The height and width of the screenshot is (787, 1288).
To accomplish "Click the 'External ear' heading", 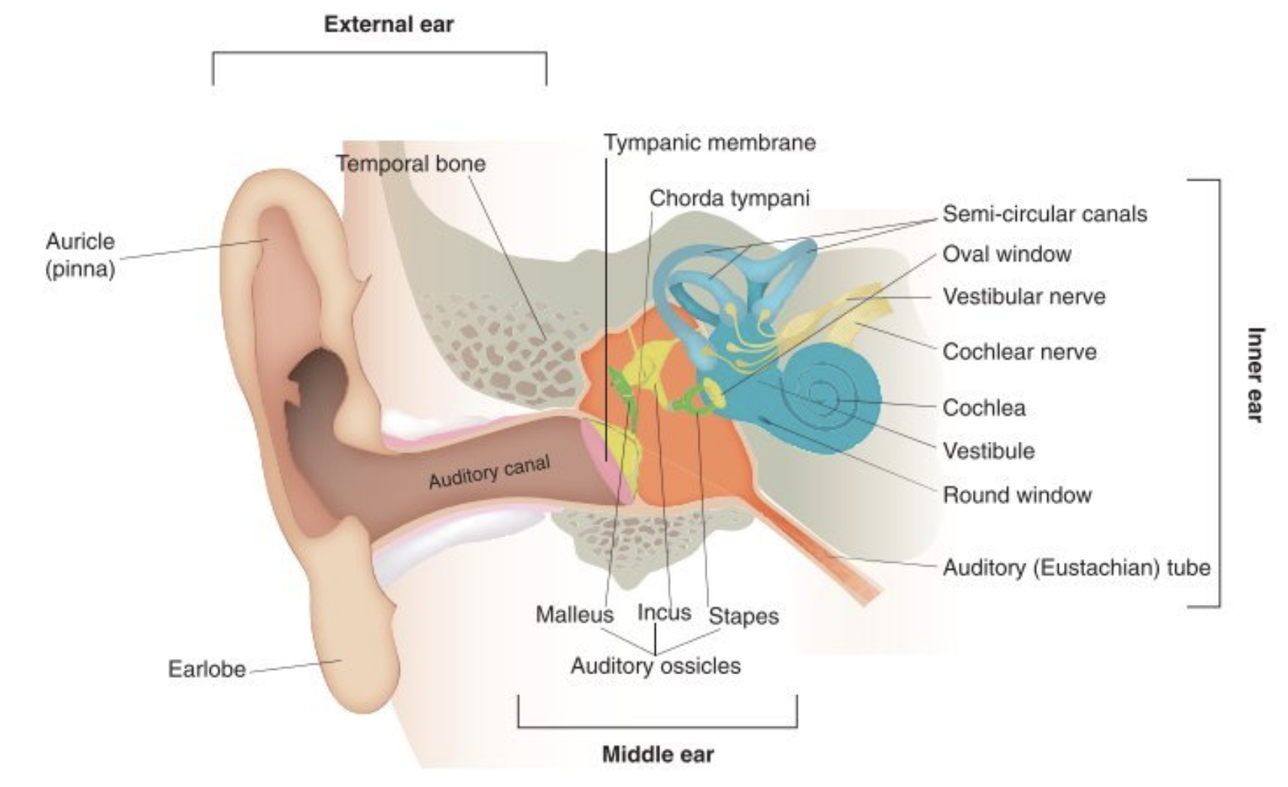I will (389, 24).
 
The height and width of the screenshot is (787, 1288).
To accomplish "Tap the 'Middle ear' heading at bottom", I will (657, 754).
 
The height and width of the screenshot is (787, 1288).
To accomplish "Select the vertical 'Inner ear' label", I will (1255, 374).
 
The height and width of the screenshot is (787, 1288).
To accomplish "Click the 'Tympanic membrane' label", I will (709, 142).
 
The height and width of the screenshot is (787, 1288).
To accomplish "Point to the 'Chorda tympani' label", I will (729, 198).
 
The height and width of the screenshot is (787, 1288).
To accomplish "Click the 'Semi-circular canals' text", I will (1044, 214).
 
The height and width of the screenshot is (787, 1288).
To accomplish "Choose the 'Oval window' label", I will (1006, 254).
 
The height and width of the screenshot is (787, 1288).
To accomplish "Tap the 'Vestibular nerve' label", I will (1023, 296).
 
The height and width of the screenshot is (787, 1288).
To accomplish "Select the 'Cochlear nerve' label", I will (1019, 351).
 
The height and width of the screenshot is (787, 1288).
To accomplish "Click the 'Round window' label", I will (1017, 495).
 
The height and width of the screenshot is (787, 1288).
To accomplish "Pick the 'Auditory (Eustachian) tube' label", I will (1076, 567).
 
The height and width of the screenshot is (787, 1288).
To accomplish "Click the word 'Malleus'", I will (574, 615).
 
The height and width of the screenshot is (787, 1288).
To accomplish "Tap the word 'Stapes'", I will (743, 616).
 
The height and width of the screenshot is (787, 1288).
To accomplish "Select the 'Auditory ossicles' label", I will (655, 666).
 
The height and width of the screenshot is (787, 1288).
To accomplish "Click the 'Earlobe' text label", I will (206, 669).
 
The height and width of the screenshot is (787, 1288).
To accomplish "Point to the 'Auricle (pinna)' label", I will (80, 254).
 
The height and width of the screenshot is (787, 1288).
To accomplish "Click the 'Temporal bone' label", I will (410, 163).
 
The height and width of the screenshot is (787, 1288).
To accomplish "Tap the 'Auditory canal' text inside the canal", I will (489, 472).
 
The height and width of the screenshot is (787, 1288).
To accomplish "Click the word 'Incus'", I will (663, 612).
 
